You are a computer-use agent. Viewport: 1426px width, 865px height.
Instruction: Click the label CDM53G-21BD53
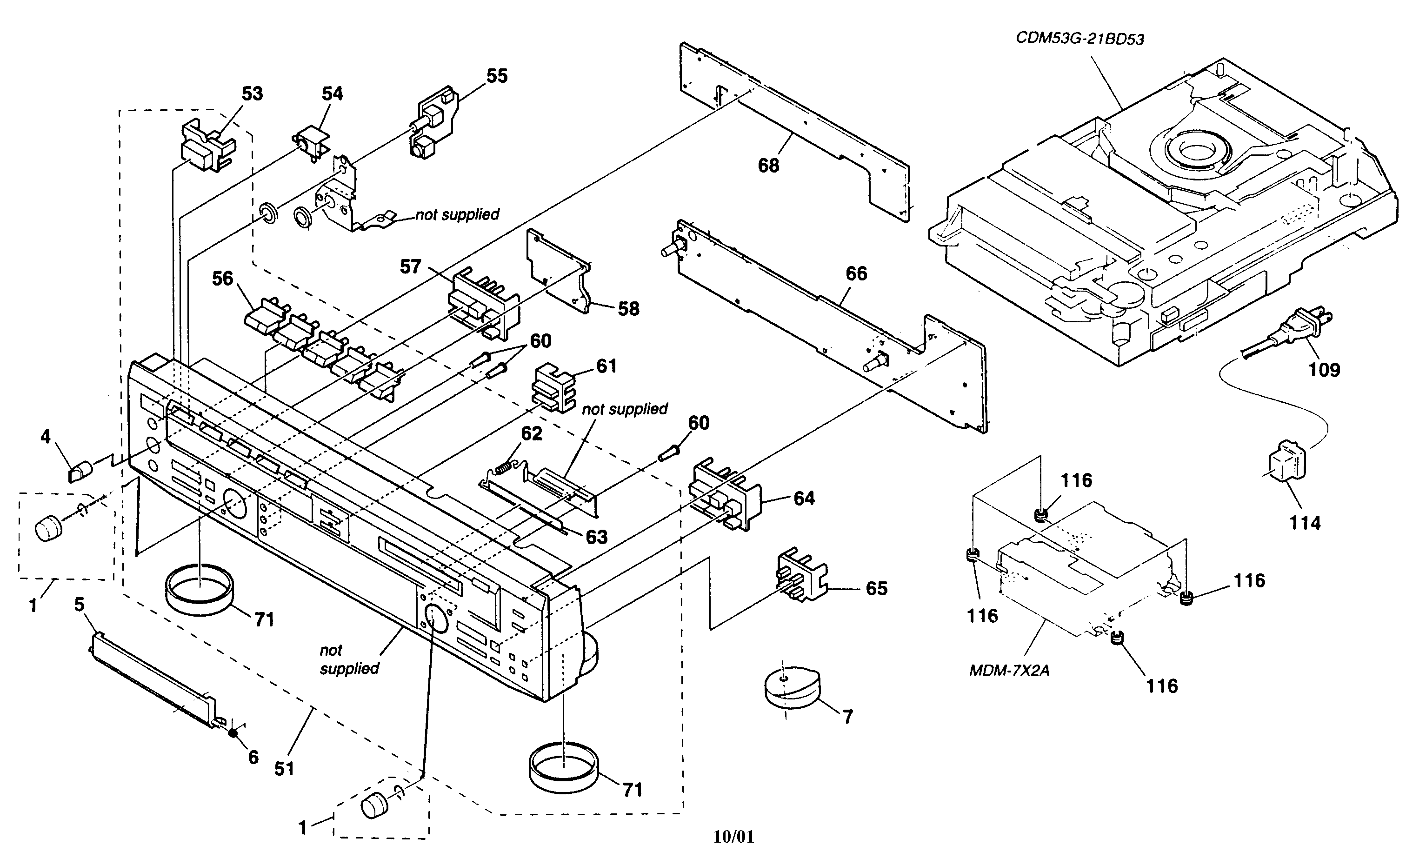coord(1080,39)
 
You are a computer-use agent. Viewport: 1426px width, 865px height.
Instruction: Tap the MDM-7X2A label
coord(1009,671)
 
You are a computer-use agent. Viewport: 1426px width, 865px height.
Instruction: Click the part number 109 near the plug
coord(1324,369)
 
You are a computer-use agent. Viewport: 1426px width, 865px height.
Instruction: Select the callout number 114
coord(1305,523)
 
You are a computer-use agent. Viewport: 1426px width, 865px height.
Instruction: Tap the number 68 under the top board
coord(768,166)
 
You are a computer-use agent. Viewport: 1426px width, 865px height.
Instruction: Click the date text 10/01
coord(733,837)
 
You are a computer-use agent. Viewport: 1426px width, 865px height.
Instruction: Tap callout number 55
coord(497,76)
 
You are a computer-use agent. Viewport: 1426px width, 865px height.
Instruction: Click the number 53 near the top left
coord(252,94)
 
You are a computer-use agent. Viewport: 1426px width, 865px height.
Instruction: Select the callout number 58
coord(628,309)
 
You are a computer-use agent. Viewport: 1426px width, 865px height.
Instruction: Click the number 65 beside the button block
coord(876,588)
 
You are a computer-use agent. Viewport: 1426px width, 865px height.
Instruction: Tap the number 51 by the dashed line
coord(284,769)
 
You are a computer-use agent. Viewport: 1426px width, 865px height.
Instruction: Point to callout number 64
coord(804,498)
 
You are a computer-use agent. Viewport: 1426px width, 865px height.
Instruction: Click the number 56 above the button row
coord(222,279)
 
